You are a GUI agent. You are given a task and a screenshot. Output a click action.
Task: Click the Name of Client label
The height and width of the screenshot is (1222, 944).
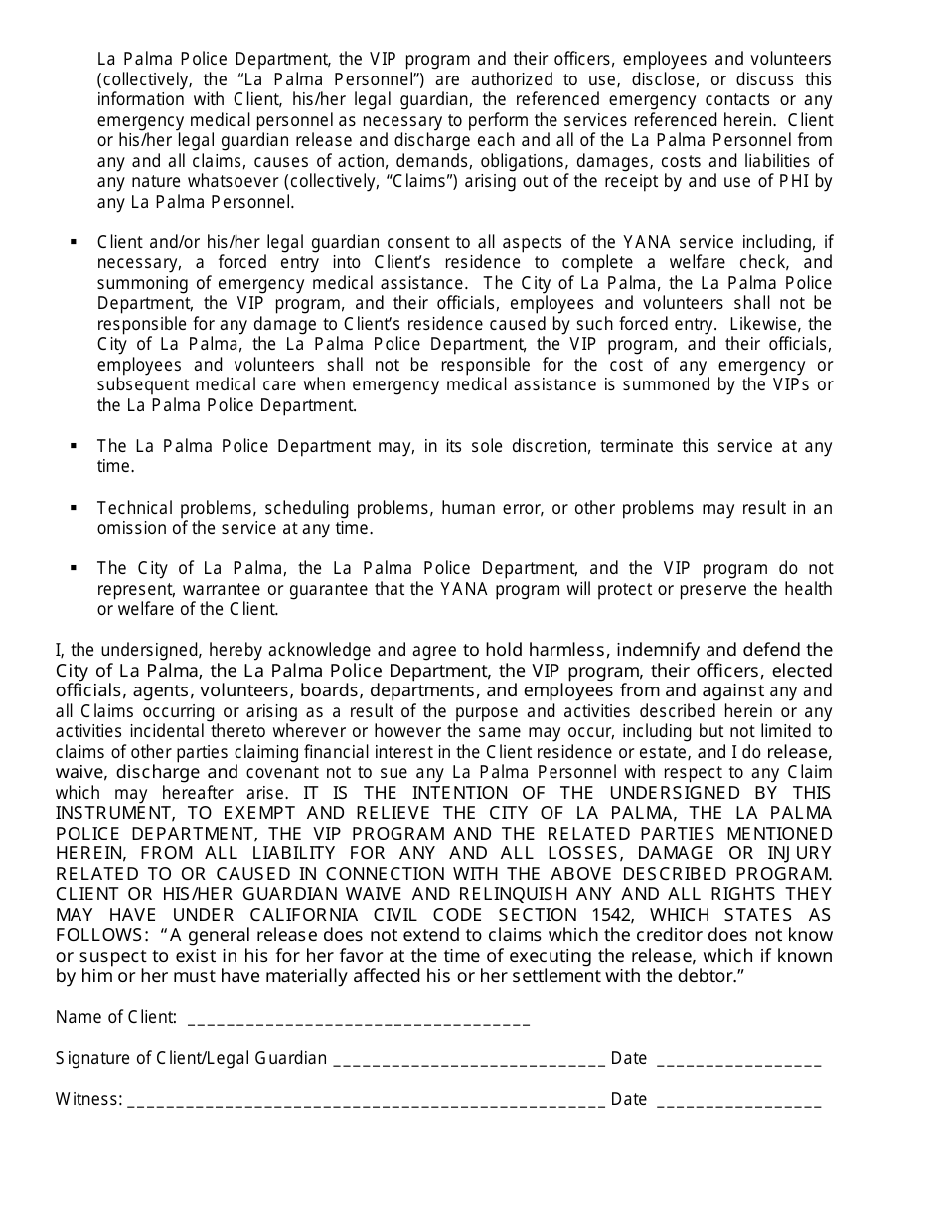pyautogui.click(x=116, y=1017)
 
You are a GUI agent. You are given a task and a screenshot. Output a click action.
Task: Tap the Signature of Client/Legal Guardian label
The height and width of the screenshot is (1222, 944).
pyautogui.click(x=191, y=1058)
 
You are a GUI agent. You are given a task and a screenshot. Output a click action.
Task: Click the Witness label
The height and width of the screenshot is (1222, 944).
pyautogui.click(x=89, y=1099)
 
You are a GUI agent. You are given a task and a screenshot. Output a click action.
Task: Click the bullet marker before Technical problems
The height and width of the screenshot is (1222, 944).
pyautogui.click(x=74, y=508)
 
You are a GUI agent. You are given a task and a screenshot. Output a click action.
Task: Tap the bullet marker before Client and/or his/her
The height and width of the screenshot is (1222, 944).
pyautogui.click(x=74, y=242)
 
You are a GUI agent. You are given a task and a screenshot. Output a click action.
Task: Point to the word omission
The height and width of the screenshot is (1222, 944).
pyautogui.click(x=134, y=528)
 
